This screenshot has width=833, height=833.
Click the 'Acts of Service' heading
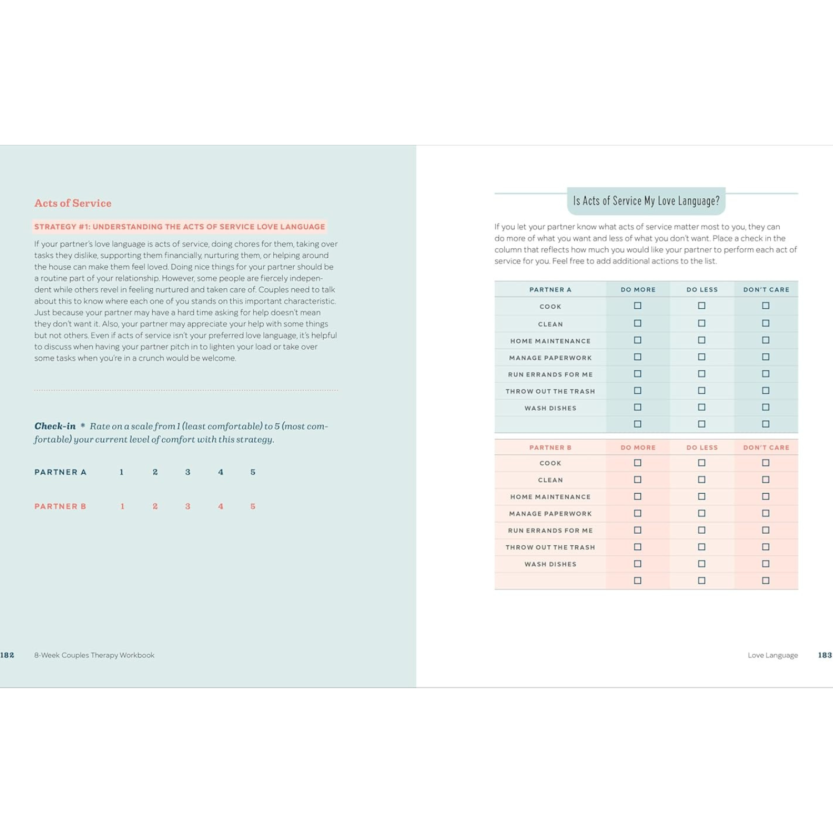pyautogui.click(x=73, y=203)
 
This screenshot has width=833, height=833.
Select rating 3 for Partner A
pyautogui.click(x=188, y=472)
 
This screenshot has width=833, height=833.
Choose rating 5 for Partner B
pyautogui.click(x=253, y=506)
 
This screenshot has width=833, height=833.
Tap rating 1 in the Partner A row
pyautogui.click(x=122, y=472)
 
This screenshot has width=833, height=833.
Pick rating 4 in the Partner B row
pyautogui.click(x=220, y=506)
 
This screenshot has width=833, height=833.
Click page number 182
pyautogui.click(x=7, y=655)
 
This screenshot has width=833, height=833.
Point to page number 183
pyautogui.click(x=825, y=655)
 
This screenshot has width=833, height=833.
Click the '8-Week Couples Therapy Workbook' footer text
pyautogui.click(x=94, y=655)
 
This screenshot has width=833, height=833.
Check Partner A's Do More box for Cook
pyautogui.click(x=638, y=306)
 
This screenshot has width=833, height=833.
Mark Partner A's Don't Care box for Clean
pyautogui.click(x=766, y=323)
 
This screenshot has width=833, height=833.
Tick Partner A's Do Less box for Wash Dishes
pyautogui.click(x=702, y=408)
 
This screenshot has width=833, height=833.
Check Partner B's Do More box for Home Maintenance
pyautogui.click(x=638, y=496)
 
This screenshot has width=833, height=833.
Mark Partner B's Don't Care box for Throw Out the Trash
pyautogui.click(x=766, y=547)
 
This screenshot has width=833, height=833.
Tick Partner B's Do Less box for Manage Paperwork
pyautogui.click(x=702, y=514)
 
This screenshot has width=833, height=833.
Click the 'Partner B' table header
pyautogui.click(x=550, y=448)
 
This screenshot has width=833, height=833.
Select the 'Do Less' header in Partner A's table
pyautogui.click(x=702, y=290)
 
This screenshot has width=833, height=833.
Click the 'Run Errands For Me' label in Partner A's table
pyautogui.click(x=550, y=375)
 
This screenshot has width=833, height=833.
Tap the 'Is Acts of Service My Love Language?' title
pyautogui.click(x=646, y=201)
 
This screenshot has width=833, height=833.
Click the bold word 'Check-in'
pyautogui.click(x=55, y=426)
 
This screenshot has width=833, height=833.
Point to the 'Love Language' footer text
pyautogui.click(x=772, y=655)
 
